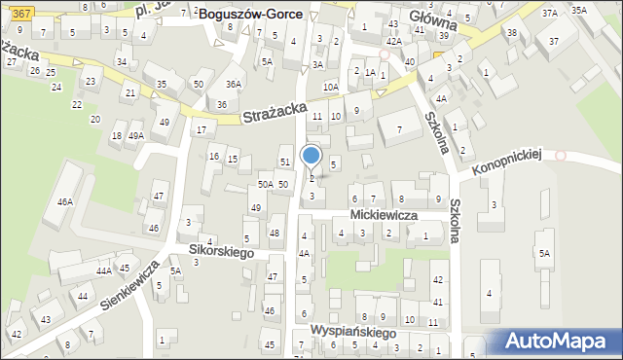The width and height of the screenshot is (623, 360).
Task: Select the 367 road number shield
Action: tap(24, 10)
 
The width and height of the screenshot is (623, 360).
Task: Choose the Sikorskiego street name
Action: tap(221, 252)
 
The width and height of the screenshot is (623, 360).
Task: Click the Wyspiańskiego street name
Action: tap(353, 333)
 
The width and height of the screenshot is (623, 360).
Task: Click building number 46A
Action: tap(65, 202)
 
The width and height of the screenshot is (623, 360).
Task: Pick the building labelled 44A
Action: tap(102, 271)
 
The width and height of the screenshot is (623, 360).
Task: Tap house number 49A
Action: tap(135, 136)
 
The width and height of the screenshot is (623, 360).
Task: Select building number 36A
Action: tap(234, 85)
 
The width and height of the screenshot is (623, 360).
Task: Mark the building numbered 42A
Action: tap(393, 42)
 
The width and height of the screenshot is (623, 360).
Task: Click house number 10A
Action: tap(331, 87)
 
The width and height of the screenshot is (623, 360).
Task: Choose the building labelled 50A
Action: tap(265, 184)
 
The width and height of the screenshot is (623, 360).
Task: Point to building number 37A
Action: tap(550, 13)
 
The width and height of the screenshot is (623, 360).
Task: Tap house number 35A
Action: tap(579, 10)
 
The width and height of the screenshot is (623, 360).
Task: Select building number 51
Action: tap(285, 162)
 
